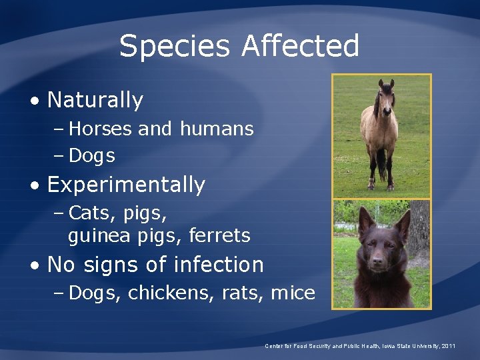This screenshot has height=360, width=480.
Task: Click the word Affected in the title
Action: point(301,47)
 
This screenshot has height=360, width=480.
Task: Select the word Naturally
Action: point(95,100)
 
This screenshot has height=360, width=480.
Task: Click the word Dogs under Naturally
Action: point(92,156)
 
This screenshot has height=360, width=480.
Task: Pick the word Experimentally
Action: point(126,185)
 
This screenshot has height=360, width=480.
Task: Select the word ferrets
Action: point(219,235)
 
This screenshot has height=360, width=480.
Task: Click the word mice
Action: point(293,293)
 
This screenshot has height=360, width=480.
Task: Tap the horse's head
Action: point(386,93)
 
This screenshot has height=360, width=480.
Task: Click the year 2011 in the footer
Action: point(447,346)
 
